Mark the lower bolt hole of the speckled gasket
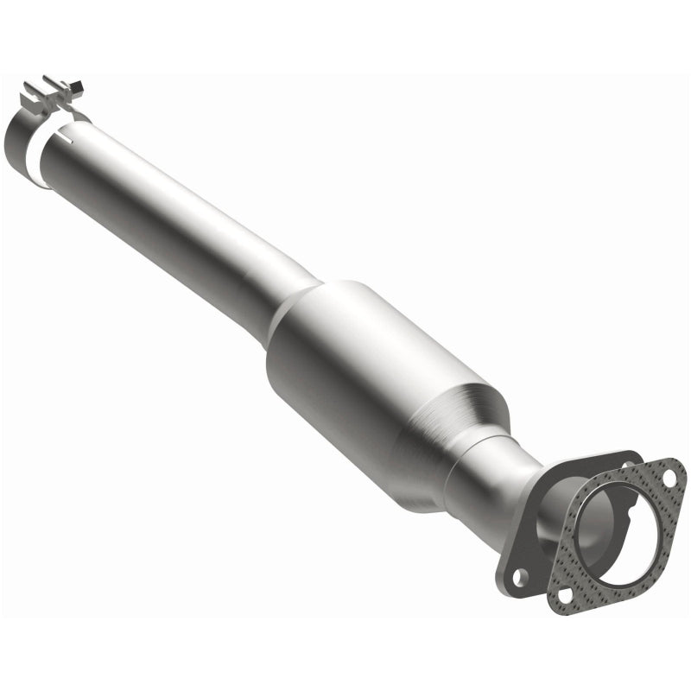(x=566, y=593)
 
